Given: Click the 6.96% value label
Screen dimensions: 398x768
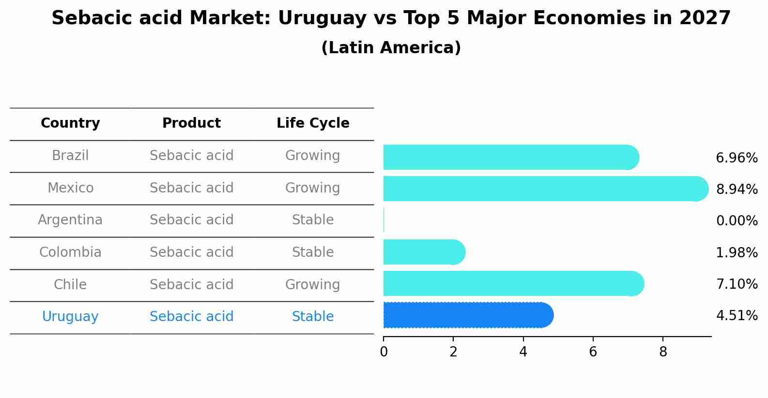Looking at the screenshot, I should [737, 158].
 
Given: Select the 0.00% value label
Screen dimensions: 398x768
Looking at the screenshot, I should [737, 221].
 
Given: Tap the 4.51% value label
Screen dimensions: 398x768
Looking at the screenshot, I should [737, 316].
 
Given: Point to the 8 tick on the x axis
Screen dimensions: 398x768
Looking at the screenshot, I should [663, 352].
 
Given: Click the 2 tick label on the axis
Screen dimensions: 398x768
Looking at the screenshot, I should [453, 352].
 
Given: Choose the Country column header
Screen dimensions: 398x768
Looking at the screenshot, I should [70, 123].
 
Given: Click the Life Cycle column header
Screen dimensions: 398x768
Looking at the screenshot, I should [313, 123].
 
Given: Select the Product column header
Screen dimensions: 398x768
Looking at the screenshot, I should [191, 123].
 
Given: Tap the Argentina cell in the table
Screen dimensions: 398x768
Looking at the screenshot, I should [70, 220].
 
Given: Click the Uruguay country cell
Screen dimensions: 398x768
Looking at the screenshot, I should [70, 317].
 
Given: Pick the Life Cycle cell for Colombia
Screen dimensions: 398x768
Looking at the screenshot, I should [313, 252].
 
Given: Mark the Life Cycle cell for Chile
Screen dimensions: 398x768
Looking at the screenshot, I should [313, 284].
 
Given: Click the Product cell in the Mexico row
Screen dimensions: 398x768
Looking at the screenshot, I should [191, 188].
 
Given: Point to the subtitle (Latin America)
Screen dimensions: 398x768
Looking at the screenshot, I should [391, 48].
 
